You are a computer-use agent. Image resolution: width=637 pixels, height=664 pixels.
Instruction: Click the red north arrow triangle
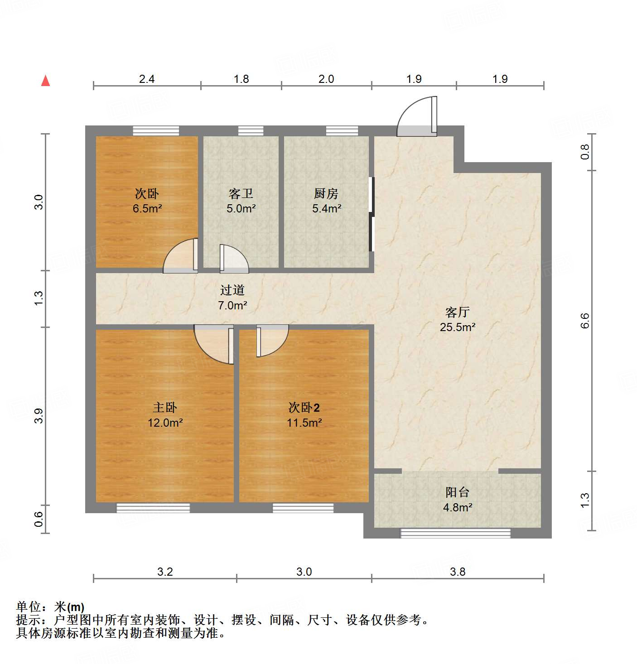click(45, 81)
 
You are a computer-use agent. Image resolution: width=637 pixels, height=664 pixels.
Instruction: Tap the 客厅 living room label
click(457, 312)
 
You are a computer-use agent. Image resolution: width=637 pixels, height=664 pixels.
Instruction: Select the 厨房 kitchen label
click(326, 194)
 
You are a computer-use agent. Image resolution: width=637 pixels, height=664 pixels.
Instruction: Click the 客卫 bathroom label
click(241, 194)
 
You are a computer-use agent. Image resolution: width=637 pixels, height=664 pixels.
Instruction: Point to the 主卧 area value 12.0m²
click(165, 423)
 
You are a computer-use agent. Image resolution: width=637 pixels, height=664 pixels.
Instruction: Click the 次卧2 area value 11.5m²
click(304, 423)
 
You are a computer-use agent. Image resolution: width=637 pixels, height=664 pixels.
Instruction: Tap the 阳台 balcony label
click(457, 492)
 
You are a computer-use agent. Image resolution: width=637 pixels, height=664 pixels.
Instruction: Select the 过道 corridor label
click(232, 290)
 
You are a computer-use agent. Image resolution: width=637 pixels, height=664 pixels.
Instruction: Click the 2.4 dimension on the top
click(146, 79)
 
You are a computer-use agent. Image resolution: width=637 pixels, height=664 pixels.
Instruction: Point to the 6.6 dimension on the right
click(585, 321)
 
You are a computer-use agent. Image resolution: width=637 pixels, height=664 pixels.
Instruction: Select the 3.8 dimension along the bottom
click(458, 572)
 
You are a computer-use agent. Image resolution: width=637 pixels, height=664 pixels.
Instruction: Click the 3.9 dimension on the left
click(39, 416)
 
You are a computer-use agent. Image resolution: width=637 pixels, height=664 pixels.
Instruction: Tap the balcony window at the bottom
click(455, 533)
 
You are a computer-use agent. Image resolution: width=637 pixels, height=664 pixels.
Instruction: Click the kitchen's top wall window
click(342, 131)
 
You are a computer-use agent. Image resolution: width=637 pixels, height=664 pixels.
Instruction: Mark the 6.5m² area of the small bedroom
click(147, 209)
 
